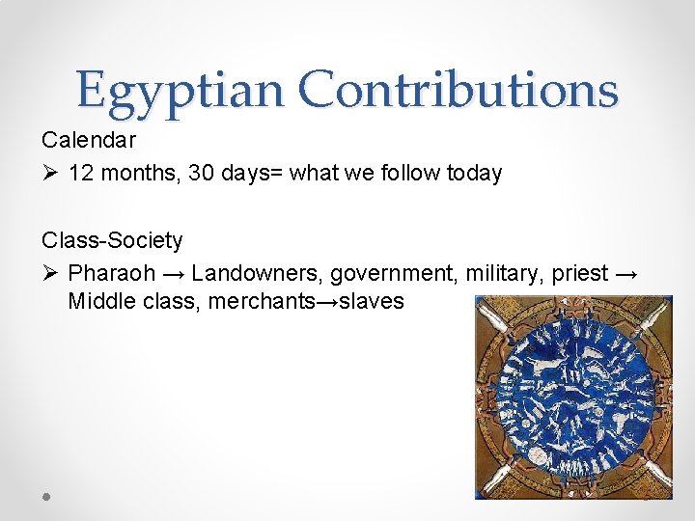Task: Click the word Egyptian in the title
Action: point(181,91)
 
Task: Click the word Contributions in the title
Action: point(458,91)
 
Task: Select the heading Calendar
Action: point(89,140)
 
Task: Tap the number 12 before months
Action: point(82,174)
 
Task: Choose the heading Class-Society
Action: point(112,239)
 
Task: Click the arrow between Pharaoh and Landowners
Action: point(174,273)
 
